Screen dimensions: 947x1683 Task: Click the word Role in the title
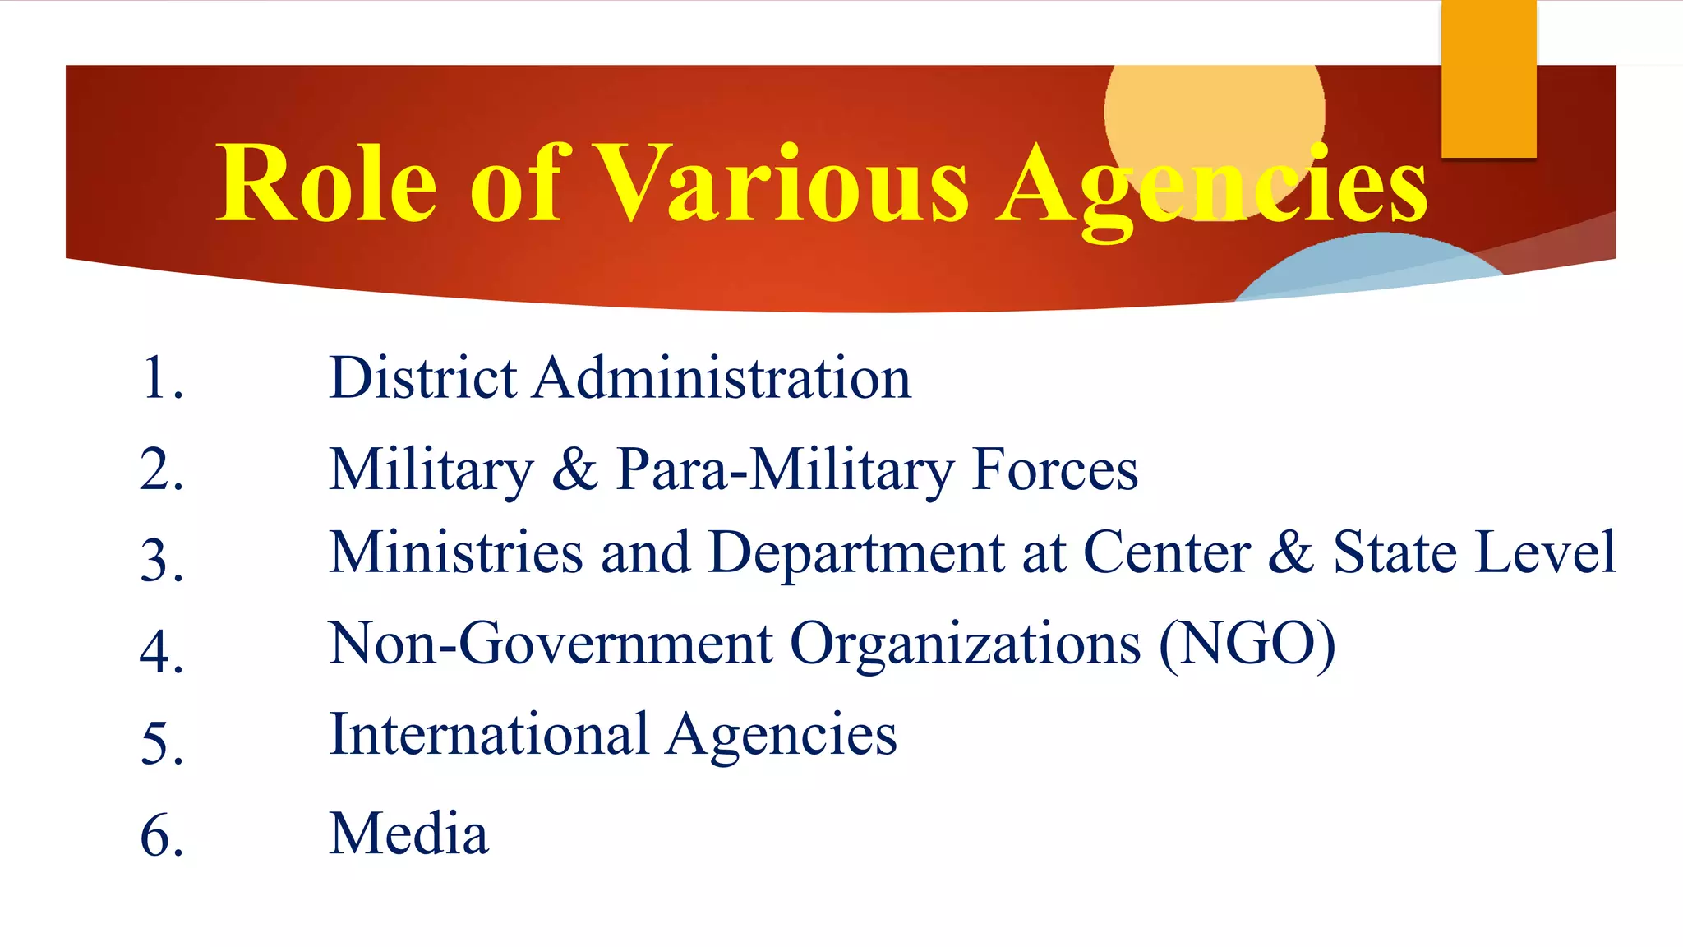[326, 183]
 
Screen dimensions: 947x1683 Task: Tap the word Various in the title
[782, 183]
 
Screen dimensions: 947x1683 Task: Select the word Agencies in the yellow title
[1212, 187]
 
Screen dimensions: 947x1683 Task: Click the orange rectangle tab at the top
[1488, 78]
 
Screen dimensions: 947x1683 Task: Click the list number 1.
[162, 379]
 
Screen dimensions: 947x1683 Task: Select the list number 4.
[162, 652]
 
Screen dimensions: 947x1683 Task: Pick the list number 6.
[162, 836]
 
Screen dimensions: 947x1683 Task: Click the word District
[422, 378]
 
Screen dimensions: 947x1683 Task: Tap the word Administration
[722, 378]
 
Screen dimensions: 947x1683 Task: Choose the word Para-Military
[785, 470]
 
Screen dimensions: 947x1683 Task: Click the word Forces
[1055, 470]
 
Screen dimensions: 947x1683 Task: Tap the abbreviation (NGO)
[1247, 644]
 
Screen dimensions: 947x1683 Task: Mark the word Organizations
[965, 644]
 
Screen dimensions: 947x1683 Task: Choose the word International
[489, 734]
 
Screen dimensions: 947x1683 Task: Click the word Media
[408, 834]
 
